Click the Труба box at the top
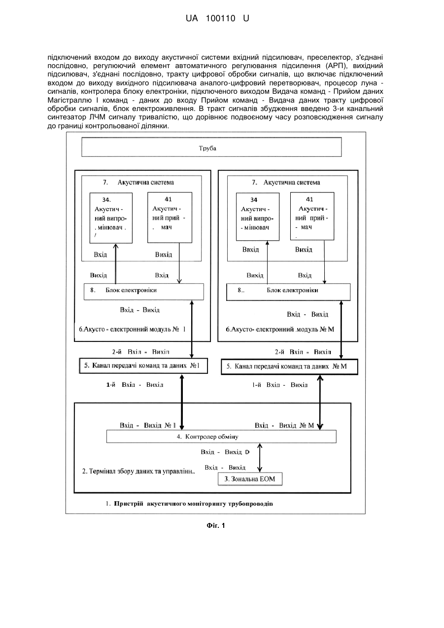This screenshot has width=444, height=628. coord(211,147)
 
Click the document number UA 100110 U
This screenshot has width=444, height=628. coord(217,19)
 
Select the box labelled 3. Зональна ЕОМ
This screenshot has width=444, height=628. coord(250,479)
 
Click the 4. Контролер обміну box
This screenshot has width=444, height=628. coord(221,437)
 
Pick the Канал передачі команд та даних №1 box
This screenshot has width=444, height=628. coord(143,366)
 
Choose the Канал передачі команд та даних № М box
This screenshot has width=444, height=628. coord(290,367)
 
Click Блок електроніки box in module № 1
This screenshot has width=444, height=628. coord(144,292)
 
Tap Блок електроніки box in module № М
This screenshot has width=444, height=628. coord(288,292)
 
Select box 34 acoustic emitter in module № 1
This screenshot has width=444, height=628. coord(111,218)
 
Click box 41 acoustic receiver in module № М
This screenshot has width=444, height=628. coord(312,216)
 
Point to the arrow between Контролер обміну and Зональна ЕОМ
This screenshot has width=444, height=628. coord(260,457)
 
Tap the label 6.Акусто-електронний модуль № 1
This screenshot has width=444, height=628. coord(132,329)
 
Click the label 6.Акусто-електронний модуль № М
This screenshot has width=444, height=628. coord(280,329)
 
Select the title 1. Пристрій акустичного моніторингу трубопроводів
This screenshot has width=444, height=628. coord(189,504)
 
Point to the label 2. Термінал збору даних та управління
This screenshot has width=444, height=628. coord(138,471)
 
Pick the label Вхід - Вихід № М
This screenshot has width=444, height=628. coord(284,425)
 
